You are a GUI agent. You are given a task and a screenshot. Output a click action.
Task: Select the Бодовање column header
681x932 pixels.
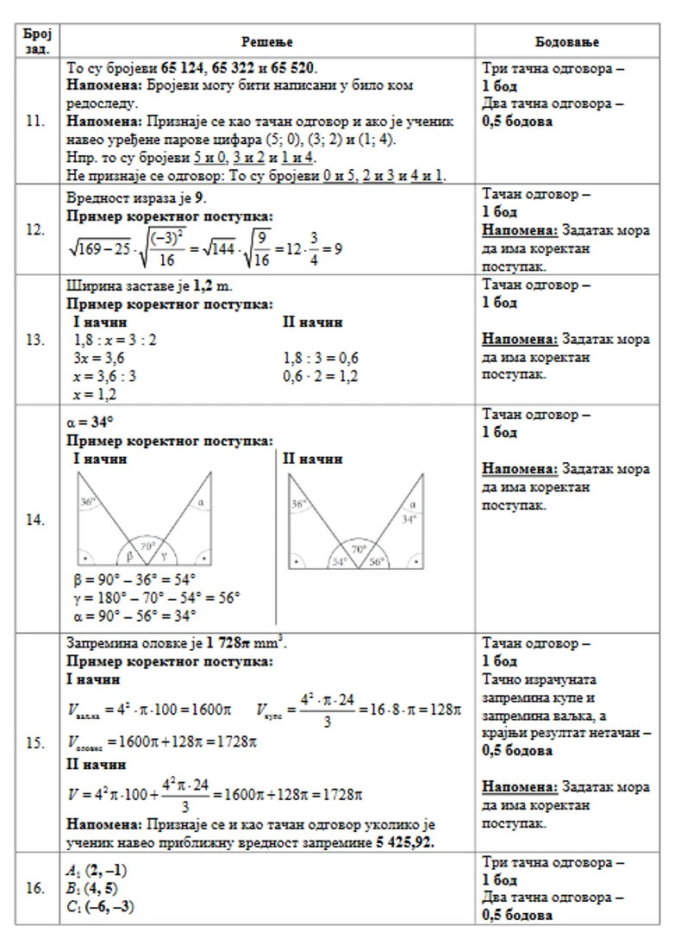pos(567,41)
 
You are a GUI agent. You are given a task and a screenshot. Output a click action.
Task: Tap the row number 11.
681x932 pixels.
pos(35,122)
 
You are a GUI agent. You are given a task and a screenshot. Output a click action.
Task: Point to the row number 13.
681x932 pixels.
pos(35,340)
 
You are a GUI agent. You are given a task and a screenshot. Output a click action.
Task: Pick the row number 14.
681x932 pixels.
pos(35,519)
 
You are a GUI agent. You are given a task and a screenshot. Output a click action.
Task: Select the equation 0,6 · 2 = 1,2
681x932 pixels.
pos(321,376)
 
